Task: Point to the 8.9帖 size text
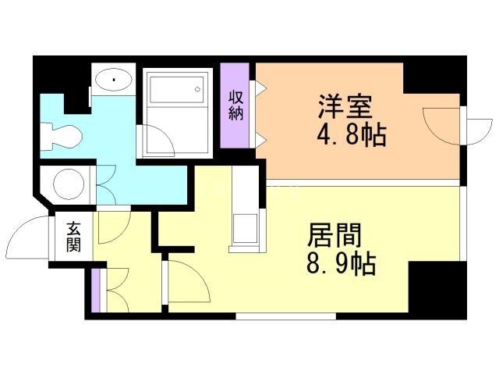(340, 263)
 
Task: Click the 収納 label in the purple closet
(236, 105)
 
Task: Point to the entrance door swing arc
(30, 234)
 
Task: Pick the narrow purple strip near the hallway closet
(95, 290)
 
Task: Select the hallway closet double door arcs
(114, 290)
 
